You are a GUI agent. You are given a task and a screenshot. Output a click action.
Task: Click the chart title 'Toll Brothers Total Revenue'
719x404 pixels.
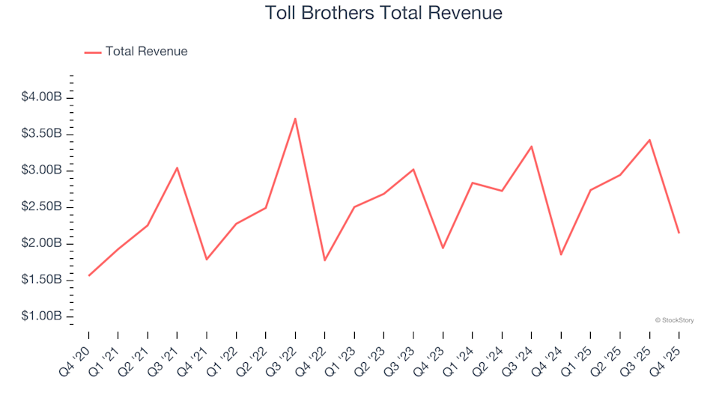(383, 13)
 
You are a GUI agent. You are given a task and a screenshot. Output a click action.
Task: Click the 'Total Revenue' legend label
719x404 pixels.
(146, 52)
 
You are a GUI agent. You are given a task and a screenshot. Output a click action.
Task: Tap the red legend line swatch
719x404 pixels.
(93, 52)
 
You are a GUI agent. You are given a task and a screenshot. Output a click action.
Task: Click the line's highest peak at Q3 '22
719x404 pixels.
(295, 118)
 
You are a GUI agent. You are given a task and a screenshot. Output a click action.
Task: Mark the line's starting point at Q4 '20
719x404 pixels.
(89, 275)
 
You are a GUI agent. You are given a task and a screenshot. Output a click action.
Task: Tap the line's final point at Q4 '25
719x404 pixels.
(679, 233)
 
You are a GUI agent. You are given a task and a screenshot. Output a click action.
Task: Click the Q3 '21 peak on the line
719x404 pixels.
(177, 168)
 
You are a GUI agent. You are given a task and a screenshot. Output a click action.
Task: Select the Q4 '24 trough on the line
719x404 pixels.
(560, 254)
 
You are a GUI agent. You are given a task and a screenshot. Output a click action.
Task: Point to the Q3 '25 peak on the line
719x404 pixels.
(649, 140)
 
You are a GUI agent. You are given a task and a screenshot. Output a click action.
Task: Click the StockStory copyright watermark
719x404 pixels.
(674, 320)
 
